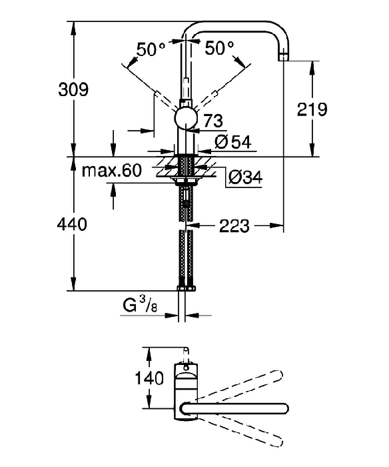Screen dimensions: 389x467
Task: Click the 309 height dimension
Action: (73, 89)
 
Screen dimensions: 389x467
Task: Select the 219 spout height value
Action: (312, 109)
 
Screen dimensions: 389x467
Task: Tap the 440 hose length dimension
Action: (72, 224)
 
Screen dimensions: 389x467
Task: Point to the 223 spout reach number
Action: (234, 226)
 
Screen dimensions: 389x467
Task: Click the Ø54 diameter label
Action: (232, 142)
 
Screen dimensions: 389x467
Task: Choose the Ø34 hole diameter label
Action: (245, 177)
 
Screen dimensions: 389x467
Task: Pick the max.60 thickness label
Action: (111, 171)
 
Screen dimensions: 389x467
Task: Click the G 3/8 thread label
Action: (140, 305)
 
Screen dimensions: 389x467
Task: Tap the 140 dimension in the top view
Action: (149, 378)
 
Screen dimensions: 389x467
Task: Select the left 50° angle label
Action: (151, 49)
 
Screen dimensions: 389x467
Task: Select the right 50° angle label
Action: (220, 47)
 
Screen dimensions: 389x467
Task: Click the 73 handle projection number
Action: (213, 121)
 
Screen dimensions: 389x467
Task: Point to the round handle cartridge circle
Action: (186, 119)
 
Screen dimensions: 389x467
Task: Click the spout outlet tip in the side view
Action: (284, 57)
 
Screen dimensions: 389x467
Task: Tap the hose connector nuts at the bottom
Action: (186, 288)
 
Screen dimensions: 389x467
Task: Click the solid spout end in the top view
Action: (283, 408)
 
